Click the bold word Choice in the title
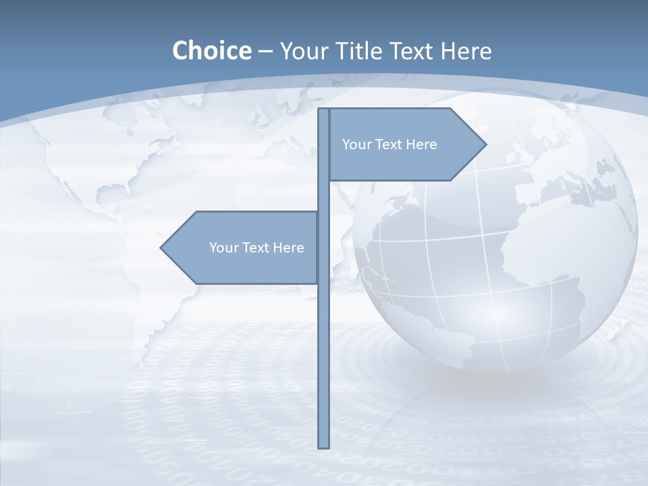point(211,51)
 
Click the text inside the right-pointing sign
point(389,144)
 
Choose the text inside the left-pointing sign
point(256,248)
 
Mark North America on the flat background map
point(122,155)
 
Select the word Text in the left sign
point(256,248)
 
